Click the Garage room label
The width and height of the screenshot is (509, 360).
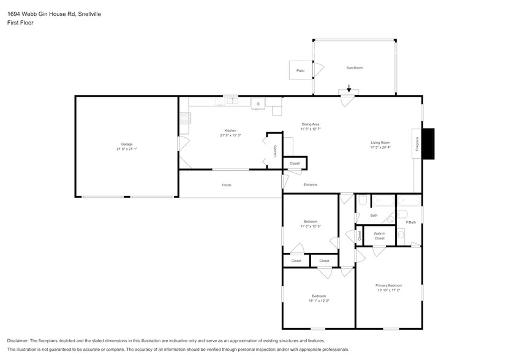tap(127, 144)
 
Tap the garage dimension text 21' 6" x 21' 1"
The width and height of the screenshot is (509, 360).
tap(127, 149)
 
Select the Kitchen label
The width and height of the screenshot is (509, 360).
tap(230, 130)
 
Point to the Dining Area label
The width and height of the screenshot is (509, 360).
tap(311, 124)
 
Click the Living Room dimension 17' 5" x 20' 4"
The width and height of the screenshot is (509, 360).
tap(380, 148)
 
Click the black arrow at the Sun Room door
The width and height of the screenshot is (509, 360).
tap(349, 90)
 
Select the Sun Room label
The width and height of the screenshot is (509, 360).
tap(355, 68)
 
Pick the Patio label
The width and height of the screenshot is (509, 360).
tap(300, 71)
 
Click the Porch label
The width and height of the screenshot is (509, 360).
tap(227, 185)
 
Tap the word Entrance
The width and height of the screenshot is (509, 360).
tap(311, 184)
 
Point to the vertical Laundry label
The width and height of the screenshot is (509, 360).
tap(276, 151)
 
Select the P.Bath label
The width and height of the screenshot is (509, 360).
tap(411, 222)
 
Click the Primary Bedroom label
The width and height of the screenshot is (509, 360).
tap(388, 285)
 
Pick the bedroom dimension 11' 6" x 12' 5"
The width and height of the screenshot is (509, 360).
tap(311, 227)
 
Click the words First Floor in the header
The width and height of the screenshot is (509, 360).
tap(20, 23)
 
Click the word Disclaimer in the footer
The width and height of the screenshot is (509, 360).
tap(19, 340)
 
